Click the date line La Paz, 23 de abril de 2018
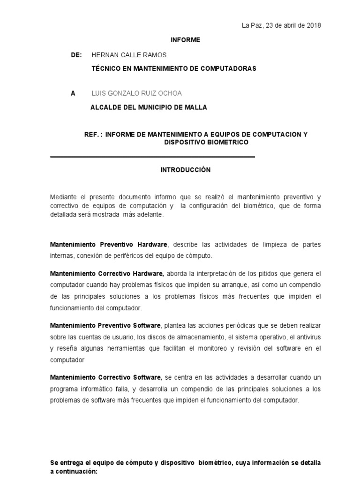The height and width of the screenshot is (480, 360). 281,25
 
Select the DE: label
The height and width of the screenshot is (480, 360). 76,55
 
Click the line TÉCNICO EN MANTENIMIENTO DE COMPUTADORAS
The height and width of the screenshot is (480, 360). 174,68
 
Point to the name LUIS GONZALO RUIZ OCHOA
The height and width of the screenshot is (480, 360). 135,93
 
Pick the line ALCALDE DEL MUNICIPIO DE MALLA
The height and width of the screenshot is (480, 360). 149,107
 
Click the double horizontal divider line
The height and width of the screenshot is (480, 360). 152,157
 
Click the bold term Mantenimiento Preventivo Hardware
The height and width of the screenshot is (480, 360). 109,245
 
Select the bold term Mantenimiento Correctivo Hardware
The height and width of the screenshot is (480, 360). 107,274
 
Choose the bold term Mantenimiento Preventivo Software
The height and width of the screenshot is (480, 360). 106,325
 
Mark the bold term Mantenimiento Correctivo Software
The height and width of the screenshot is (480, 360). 106,377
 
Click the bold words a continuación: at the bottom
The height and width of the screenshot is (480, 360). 74,472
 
